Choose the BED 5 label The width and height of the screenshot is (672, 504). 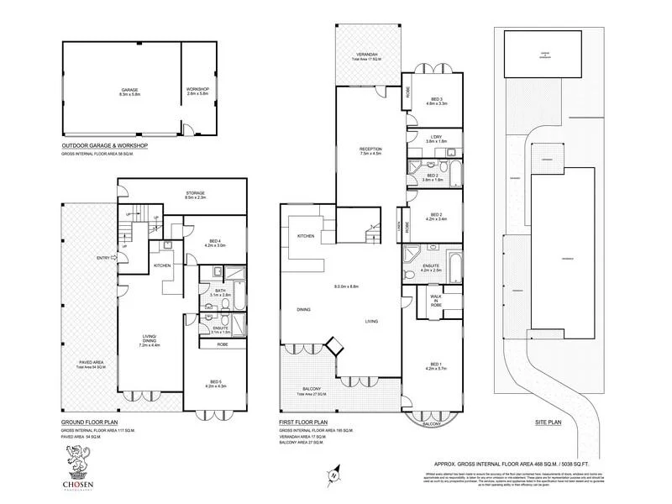215,384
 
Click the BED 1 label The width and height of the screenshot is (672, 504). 433,365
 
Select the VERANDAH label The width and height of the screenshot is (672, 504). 367,55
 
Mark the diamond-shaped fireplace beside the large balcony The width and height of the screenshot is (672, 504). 335,344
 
